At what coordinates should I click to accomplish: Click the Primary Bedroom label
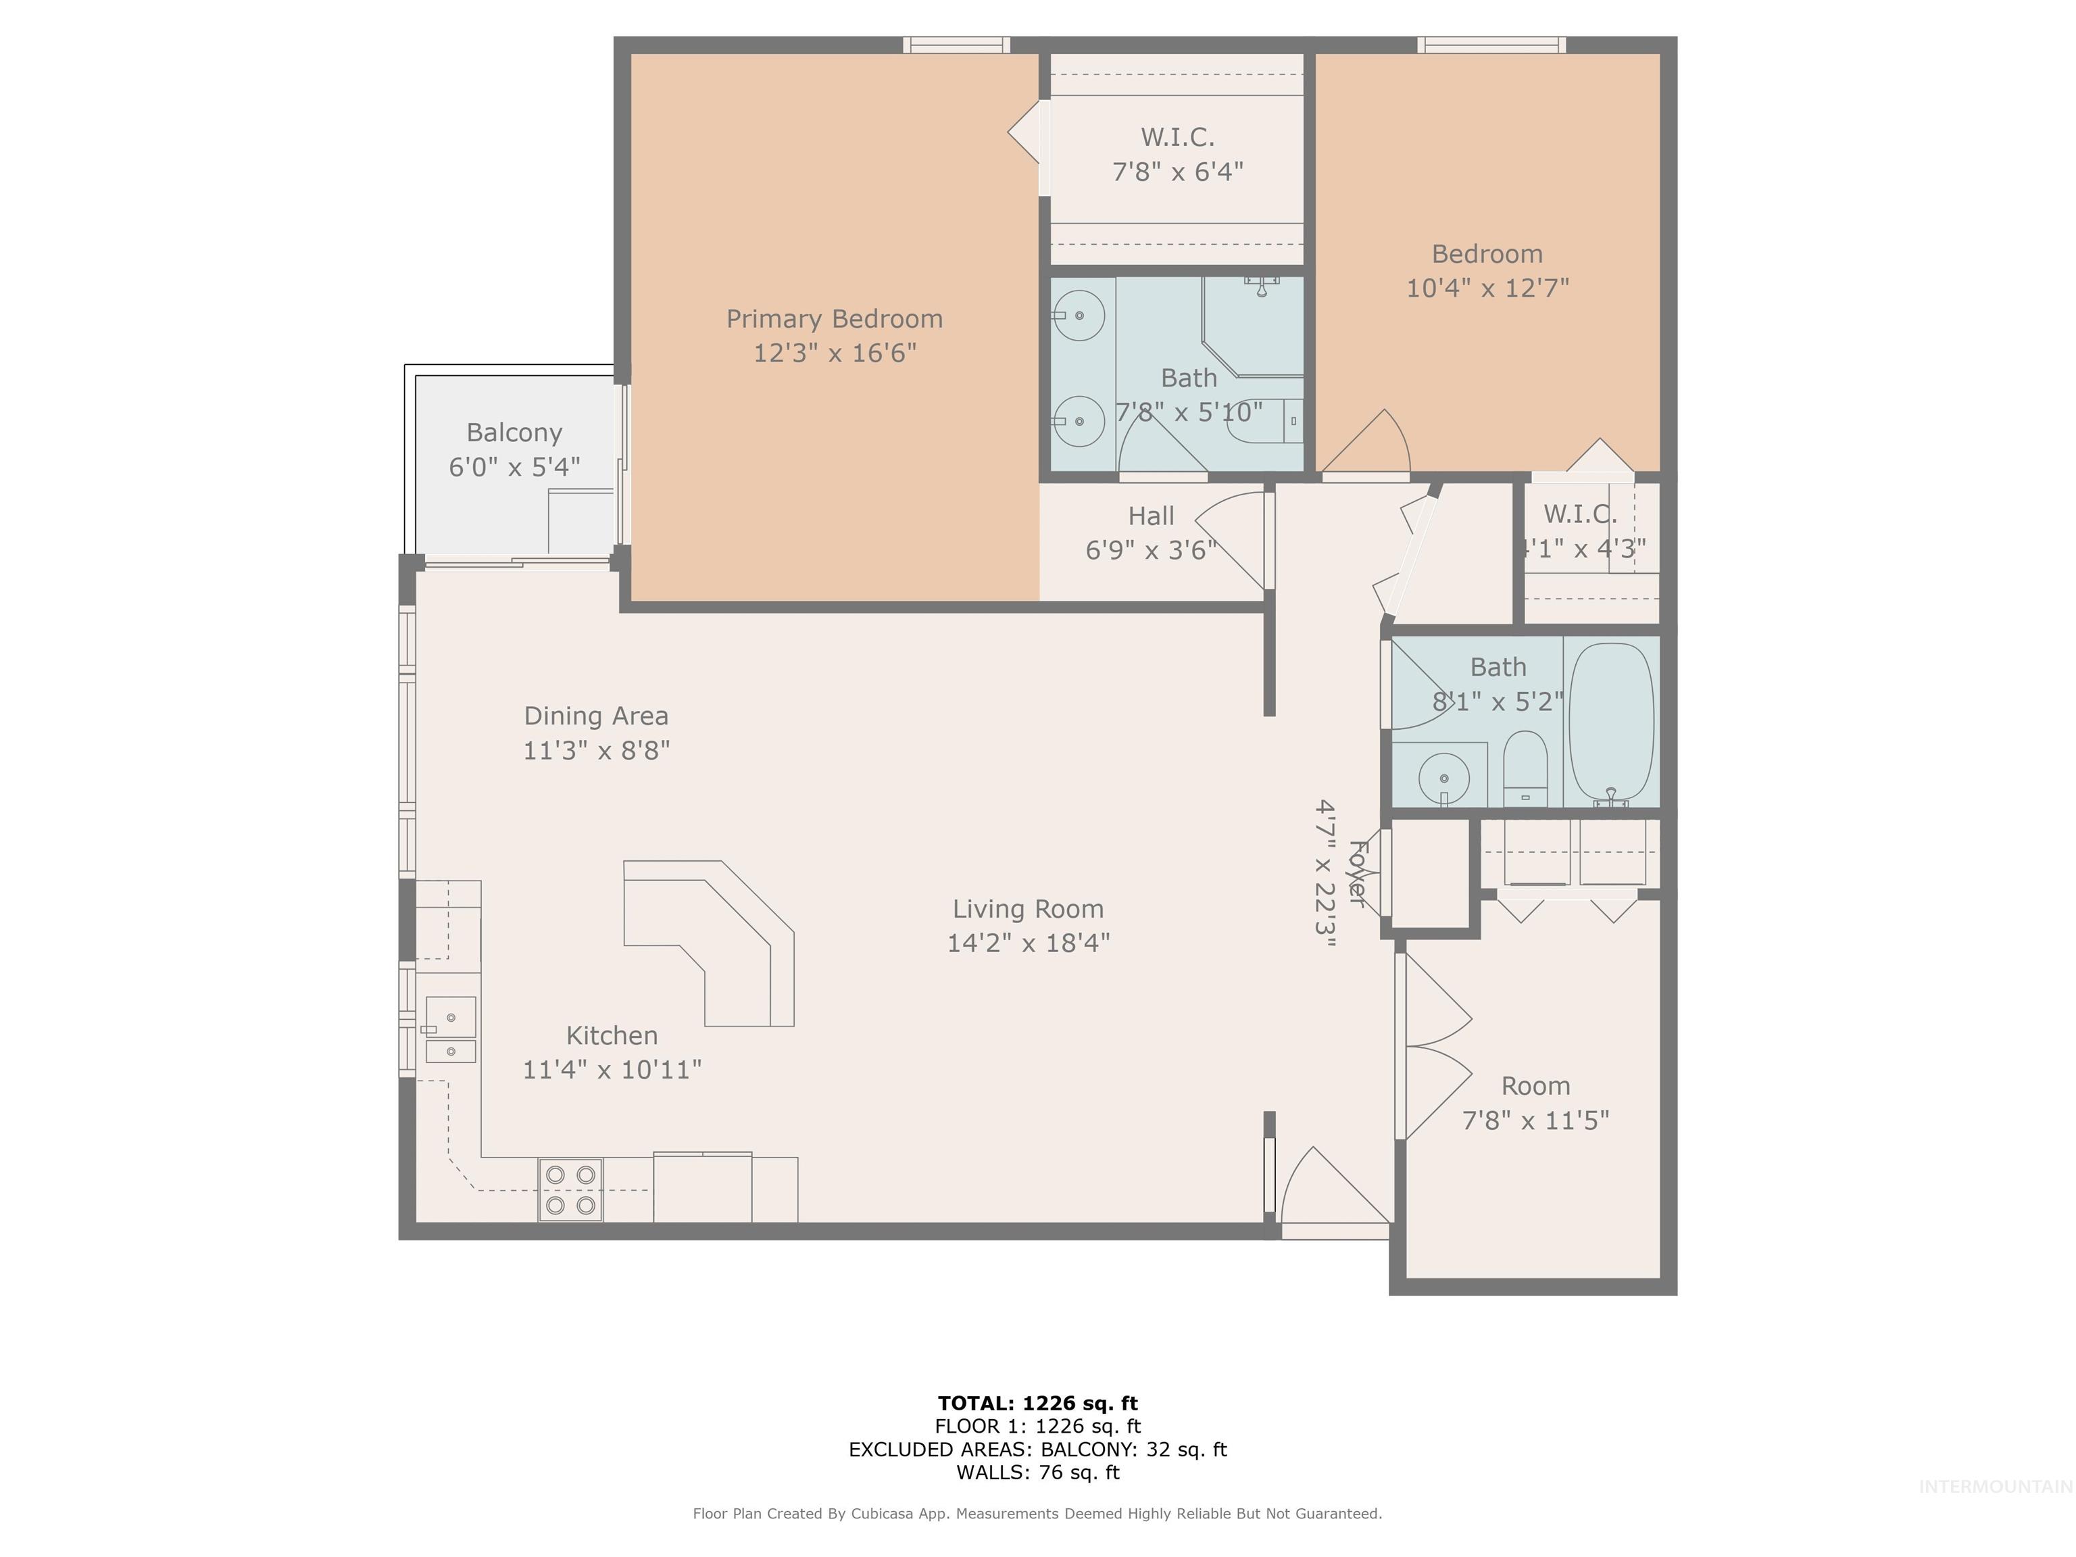point(835,319)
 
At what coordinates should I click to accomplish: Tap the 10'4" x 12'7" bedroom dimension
point(1487,287)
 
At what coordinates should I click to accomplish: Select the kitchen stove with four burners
point(570,1189)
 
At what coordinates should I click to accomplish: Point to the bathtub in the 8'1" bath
point(1610,721)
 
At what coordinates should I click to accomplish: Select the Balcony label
point(514,432)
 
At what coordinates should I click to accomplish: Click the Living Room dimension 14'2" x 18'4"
point(1028,942)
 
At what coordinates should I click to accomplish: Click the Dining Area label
point(596,716)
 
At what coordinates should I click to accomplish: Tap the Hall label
point(1151,516)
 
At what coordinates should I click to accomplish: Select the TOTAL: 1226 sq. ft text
point(1037,1403)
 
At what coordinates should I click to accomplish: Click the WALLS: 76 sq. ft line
point(1037,1472)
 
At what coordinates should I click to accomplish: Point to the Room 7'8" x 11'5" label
point(1535,1103)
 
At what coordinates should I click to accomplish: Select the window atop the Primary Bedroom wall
point(956,44)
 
